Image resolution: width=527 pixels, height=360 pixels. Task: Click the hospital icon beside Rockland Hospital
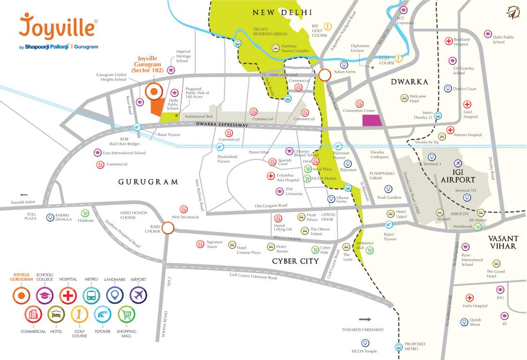pyautogui.click(x=449, y=41)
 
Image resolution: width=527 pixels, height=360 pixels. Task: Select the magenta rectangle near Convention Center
pyautogui.click(x=372, y=120)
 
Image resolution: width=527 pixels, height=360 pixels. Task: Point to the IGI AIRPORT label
pyautogui.click(x=458, y=176)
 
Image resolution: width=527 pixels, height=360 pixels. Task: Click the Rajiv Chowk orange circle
pyautogui.click(x=168, y=228)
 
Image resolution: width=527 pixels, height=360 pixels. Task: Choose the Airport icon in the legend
pyautogui.click(x=138, y=295)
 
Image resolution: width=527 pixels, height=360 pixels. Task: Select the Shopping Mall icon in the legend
pyautogui.click(x=126, y=315)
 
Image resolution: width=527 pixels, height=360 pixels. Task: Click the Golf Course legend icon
pyautogui.click(x=79, y=315)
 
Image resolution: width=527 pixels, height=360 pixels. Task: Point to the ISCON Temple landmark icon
pyautogui.click(x=365, y=343)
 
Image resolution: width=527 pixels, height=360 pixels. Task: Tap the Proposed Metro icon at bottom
pyautogui.click(x=399, y=347)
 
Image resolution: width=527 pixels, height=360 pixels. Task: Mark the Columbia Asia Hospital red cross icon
pyautogui.click(x=271, y=176)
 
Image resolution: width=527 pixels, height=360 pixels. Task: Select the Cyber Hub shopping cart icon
pyautogui.click(x=315, y=250)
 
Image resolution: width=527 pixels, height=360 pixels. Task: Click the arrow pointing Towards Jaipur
pyautogui.click(x=24, y=195)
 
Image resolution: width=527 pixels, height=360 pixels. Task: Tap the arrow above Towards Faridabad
pyautogui.click(x=365, y=319)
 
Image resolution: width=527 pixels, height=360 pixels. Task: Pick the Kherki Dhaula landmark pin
pyautogui.click(x=50, y=217)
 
